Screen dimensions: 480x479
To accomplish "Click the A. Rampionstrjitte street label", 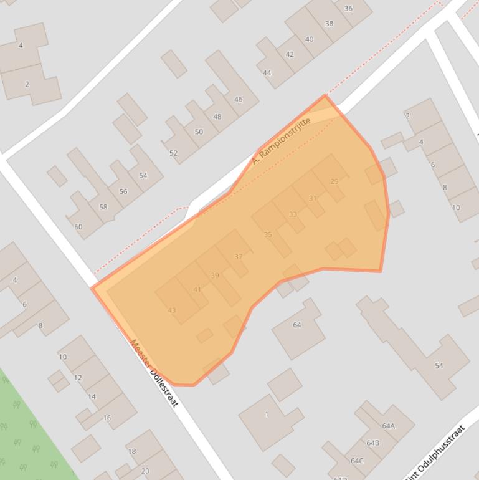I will (281, 141).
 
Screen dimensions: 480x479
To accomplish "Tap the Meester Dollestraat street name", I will (154, 373).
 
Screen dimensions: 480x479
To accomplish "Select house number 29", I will (334, 181).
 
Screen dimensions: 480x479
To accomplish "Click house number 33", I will (293, 214).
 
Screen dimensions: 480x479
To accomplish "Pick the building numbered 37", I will (239, 257).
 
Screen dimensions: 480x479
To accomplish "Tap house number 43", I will (172, 310).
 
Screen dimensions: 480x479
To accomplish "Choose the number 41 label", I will (197, 289).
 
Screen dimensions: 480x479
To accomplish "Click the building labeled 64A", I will (389, 426).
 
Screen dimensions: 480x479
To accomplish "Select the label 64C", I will (357, 461).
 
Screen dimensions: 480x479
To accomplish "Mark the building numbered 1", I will (267, 414).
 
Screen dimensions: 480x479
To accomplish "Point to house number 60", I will (78, 227).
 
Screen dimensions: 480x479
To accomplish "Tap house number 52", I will (173, 153).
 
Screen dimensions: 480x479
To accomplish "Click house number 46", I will (238, 100).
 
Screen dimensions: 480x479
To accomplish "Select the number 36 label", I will (348, 9).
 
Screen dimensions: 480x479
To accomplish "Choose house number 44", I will (267, 73).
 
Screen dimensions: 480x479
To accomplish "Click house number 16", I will (107, 418).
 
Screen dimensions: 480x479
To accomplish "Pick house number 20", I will (145, 471).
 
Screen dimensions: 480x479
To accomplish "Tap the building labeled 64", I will (296, 325).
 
